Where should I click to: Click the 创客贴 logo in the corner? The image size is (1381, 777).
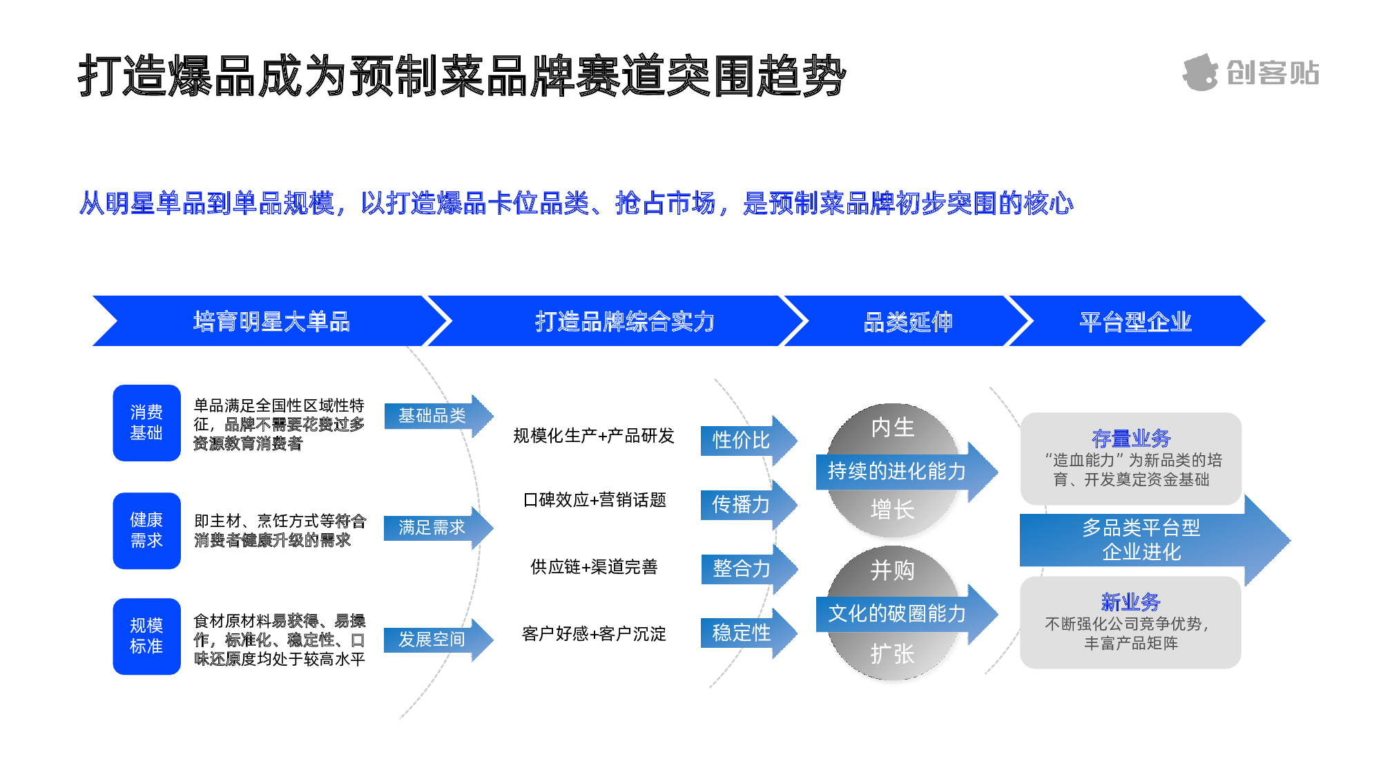point(1250,73)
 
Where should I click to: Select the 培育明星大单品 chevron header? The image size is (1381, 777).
point(271,321)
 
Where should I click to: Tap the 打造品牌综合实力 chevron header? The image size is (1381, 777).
point(624,321)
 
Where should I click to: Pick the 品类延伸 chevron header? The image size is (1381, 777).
point(907,321)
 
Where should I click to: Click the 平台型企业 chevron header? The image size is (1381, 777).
point(1135,321)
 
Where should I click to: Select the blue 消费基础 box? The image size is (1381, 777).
point(146,423)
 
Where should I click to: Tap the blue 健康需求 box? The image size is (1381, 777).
point(146,530)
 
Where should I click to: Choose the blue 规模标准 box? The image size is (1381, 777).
point(146,636)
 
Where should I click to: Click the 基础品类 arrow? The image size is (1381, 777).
point(435,416)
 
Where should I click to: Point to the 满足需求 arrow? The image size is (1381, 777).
point(435,528)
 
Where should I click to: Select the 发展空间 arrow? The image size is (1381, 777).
point(435,640)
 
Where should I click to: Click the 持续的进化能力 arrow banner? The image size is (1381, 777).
point(898,471)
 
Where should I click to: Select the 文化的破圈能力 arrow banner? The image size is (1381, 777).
point(898,613)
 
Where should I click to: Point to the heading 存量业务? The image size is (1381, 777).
point(1131,438)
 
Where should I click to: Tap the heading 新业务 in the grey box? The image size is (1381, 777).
point(1131,602)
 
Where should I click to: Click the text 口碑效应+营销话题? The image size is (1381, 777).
point(595,500)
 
